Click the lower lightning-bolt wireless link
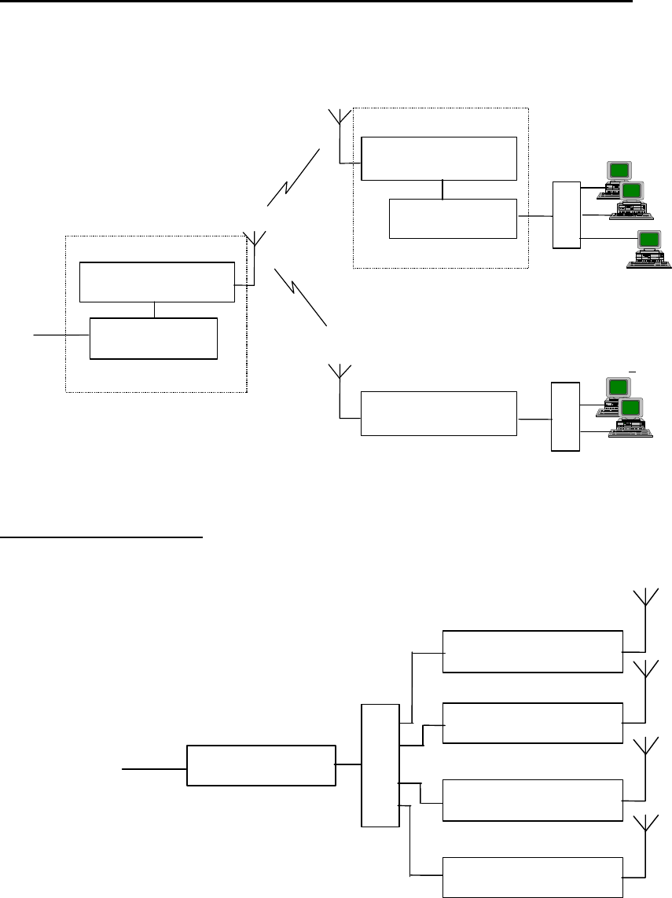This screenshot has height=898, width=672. [x=300, y=295]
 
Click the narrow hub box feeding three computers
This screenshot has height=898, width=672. [x=566, y=214]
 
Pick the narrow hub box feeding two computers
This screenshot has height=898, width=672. [x=565, y=416]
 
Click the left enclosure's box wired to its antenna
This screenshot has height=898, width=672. [x=157, y=282]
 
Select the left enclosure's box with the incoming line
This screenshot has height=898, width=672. [x=153, y=339]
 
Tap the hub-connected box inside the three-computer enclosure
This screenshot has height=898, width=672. [x=454, y=218]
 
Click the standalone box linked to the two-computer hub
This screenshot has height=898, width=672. [x=439, y=413]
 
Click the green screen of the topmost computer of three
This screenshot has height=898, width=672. [x=619, y=170]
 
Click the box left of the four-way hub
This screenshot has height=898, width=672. [x=260, y=764]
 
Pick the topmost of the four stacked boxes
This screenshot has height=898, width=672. [x=532, y=651]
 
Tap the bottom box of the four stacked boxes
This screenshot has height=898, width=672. [x=532, y=874]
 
